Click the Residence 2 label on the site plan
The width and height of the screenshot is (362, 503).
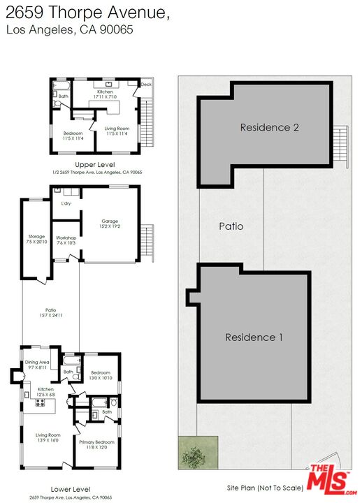[270, 127]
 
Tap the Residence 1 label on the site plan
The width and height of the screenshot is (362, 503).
[254, 337]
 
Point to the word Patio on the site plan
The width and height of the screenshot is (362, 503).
[231, 226]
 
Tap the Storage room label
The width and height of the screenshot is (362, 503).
[36, 238]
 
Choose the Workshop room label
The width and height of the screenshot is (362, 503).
[66, 240]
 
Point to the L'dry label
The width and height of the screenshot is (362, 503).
[66, 203]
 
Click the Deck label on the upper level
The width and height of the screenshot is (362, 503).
[146, 85]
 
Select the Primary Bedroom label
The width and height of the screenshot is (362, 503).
[97, 444]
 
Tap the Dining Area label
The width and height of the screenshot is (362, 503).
[37, 363]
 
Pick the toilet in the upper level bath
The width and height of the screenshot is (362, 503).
[57, 100]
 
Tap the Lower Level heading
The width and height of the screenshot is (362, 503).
[71, 489]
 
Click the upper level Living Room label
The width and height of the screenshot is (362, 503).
[117, 130]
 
